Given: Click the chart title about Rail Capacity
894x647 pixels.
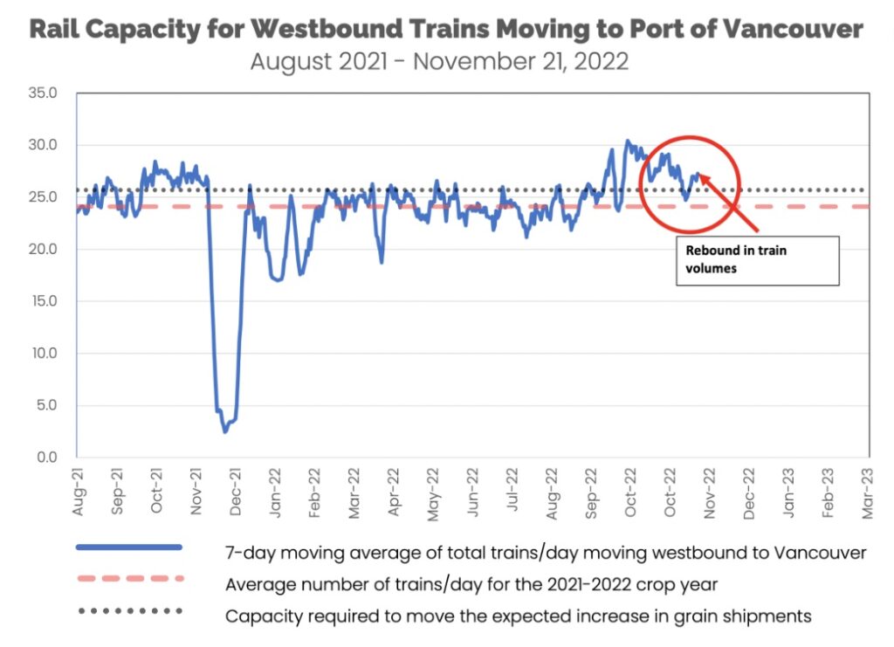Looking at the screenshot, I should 446,30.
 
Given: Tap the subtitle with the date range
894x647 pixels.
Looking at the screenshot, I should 439,63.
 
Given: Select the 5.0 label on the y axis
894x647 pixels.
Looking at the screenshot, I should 45,405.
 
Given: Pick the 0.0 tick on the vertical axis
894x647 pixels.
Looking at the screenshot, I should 45,458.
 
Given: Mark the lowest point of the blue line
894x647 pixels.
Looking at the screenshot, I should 224,431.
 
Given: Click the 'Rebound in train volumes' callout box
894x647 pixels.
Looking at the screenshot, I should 757,260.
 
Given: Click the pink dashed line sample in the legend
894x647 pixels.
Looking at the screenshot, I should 128,579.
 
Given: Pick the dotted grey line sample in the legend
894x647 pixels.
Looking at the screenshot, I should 128,610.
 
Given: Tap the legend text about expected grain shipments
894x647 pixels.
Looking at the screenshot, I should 519,616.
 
